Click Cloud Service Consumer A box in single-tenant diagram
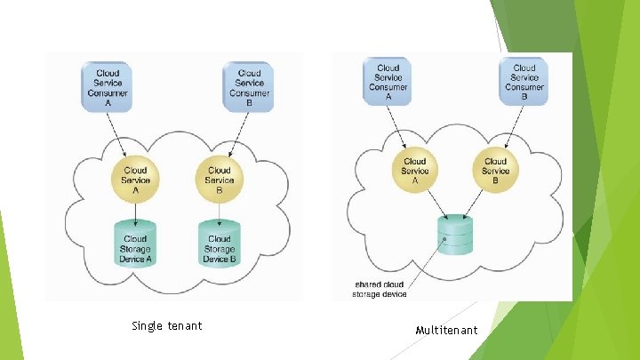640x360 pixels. tap(108, 86)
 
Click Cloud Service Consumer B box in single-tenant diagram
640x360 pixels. tap(250, 86)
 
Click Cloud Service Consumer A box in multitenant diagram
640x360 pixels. tap(388, 80)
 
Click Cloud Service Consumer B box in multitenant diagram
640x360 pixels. tap(524, 80)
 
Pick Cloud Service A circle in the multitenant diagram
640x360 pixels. tap(414, 171)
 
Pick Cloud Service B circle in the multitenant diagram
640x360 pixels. tap(496, 171)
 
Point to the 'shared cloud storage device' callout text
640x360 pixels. tap(380, 289)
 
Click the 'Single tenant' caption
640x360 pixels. tap(166, 326)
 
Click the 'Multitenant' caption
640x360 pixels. tap(446, 331)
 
